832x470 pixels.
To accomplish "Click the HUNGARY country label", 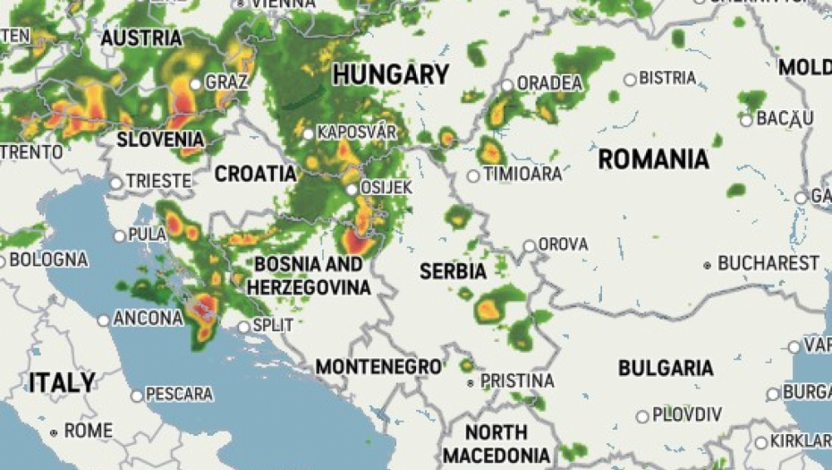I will coord(390,74).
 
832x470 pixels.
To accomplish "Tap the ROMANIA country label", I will coord(653,159).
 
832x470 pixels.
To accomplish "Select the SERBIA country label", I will coord(454,270).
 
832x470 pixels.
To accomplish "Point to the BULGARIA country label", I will coord(666,368).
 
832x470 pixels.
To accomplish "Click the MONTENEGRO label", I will coord(378,366).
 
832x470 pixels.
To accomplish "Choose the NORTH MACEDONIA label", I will coord(496,444).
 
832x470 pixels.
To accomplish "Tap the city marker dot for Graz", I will coord(196,84).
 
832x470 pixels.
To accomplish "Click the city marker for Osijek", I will coord(352,189).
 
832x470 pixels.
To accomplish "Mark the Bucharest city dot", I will coord(708,265).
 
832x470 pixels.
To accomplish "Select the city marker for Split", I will coord(243,327).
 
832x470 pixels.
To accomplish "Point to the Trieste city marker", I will coord(116,183).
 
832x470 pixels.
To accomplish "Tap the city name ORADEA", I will coord(549,83).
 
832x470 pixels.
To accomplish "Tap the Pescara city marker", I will coord(137,395).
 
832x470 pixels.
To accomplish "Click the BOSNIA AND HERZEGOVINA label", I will coord(309,276).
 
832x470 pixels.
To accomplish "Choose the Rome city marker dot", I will coord(54,432).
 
